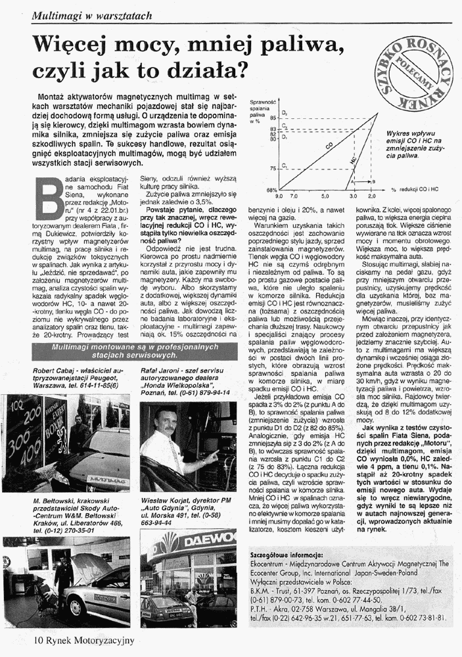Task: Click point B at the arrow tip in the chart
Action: [x=373, y=181]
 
